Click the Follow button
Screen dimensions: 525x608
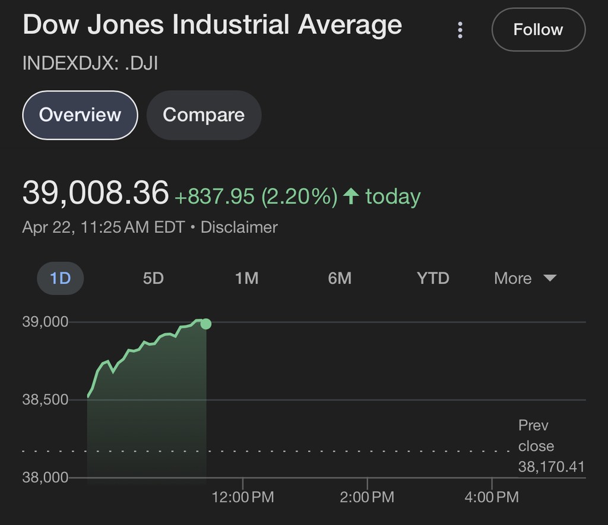click(x=538, y=30)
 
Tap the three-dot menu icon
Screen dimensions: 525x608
click(x=460, y=30)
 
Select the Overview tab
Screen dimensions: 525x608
click(x=80, y=115)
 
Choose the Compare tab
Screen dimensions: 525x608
click(x=204, y=115)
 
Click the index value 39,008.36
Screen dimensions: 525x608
click(x=96, y=194)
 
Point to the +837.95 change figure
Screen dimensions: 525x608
click(x=215, y=197)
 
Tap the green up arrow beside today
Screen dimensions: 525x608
click(x=351, y=196)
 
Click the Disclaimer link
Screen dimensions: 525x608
click(x=239, y=227)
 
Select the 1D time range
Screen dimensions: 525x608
click(x=61, y=278)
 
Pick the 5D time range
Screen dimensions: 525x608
click(x=153, y=278)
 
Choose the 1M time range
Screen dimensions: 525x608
click(x=246, y=278)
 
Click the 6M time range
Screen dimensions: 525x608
click(x=340, y=278)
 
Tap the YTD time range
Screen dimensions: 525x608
click(x=433, y=278)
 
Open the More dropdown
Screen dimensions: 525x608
click(x=525, y=278)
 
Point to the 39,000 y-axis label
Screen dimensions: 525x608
click(x=45, y=322)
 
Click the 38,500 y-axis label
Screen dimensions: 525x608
click(x=45, y=400)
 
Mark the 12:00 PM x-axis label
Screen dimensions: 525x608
click(x=243, y=497)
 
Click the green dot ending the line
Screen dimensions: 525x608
click(x=206, y=324)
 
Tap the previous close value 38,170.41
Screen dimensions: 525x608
click(x=551, y=467)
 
